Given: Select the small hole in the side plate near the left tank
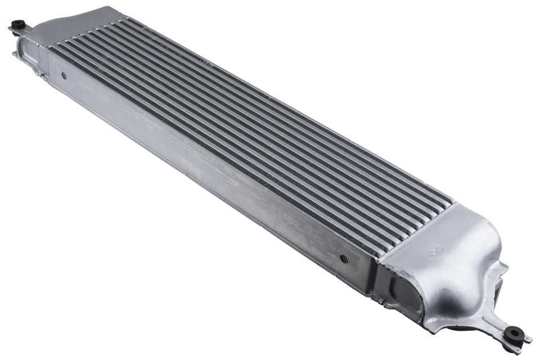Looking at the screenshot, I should click(x=64, y=75).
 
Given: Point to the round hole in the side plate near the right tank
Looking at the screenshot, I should click(x=343, y=259).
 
